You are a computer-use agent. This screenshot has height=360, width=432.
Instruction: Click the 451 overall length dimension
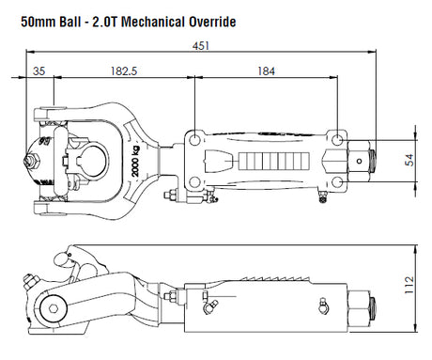pyautogui.click(x=201, y=46)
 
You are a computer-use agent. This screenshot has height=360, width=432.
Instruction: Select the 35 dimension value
pyautogui.click(x=39, y=71)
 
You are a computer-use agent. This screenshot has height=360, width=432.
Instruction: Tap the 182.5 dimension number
pyautogui.click(x=124, y=71)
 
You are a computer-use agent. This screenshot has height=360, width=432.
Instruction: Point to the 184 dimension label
pyautogui.click(x=266, y=71)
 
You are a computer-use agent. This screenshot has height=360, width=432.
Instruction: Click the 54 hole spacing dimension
pyautogui.click(x=409, y=160)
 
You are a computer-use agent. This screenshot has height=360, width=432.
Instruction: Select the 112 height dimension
pyautogui.click(x=409, y=285)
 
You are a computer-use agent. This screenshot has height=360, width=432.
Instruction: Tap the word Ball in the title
pyautogui.click(x=69, y=22)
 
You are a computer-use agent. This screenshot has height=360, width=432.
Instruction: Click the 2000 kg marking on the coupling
pyautogui.click(x=135, y=162)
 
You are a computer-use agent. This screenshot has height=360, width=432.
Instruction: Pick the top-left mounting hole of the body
pyautogui.click(x=194, y=140)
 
